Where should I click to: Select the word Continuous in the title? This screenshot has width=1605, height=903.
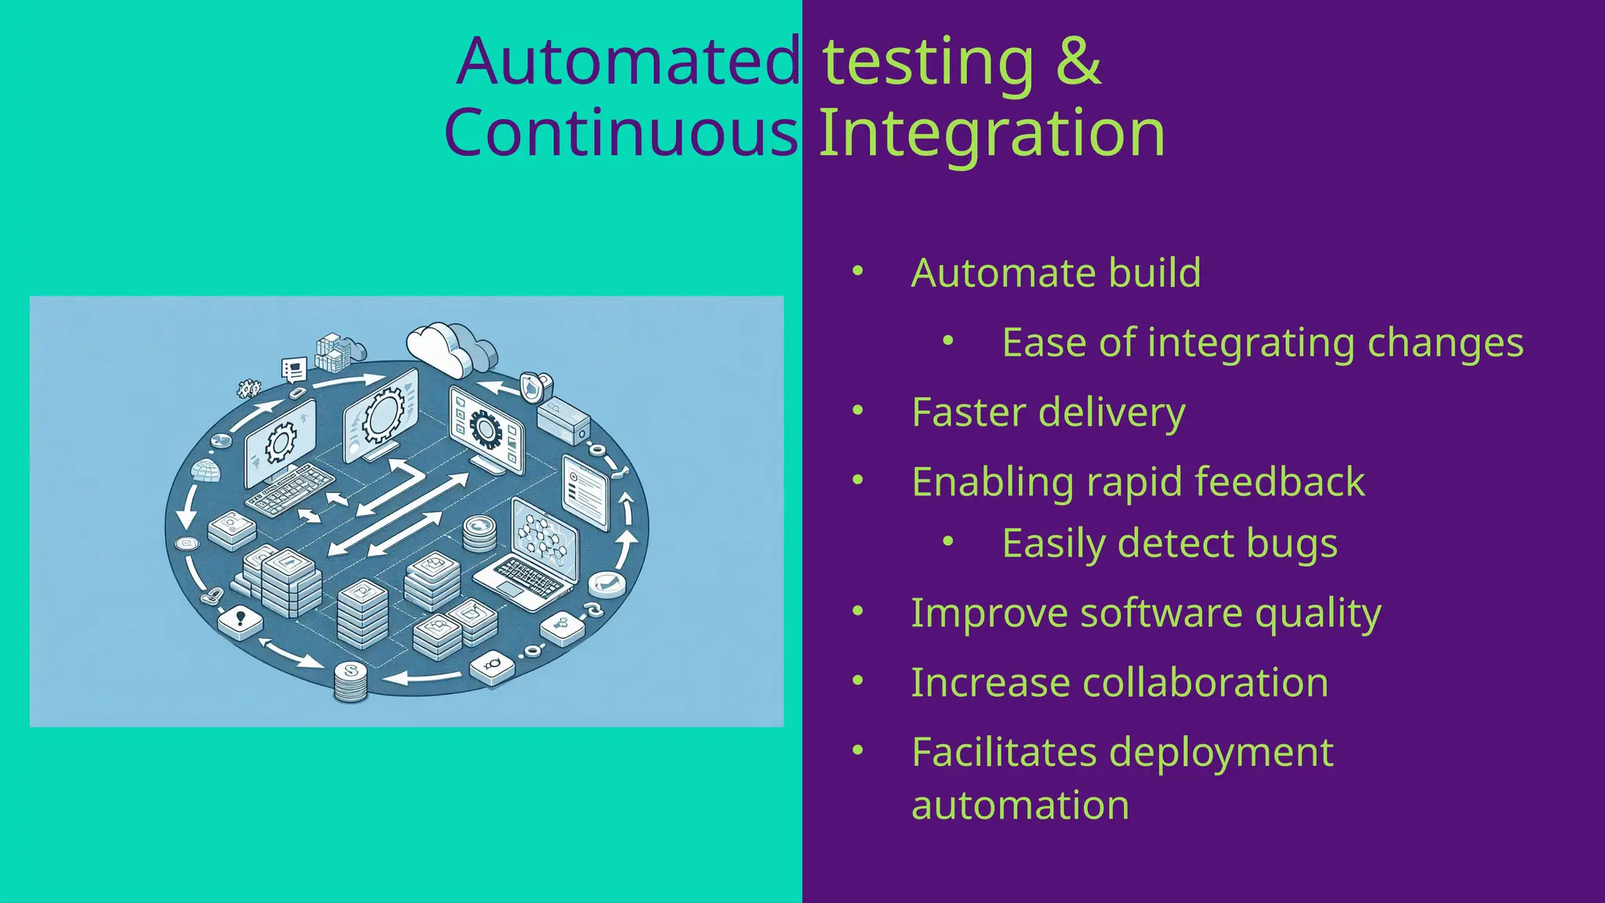[621, 133]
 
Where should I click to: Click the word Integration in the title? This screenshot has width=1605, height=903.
[991, 133]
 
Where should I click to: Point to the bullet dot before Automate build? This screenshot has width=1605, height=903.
[858, 271]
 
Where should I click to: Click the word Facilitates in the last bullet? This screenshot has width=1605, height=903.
[1004, 752]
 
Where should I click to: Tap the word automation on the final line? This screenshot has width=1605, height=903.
[1020, 806]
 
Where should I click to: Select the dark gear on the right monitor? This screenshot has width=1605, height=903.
[486, 429]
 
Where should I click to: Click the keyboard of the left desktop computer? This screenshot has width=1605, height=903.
[291, 489]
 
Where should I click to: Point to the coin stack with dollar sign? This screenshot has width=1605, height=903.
[350, 681]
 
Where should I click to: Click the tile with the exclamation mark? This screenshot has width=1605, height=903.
[241, 620]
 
